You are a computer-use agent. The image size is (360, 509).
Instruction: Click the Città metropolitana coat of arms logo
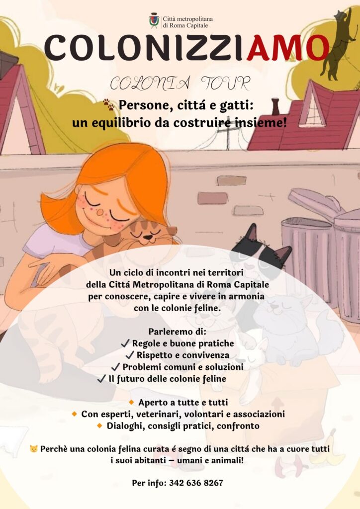154,20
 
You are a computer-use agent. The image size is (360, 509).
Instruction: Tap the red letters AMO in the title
287,48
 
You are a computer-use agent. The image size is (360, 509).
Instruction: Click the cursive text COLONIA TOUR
180,84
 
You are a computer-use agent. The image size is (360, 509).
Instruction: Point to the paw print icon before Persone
109,104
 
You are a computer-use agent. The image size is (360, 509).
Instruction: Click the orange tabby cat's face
145,234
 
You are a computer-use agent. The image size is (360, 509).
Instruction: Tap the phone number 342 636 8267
196,483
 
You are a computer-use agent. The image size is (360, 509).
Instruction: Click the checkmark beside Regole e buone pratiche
125,343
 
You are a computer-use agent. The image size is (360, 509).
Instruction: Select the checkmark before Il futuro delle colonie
101,378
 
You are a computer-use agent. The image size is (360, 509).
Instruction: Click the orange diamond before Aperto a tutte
131,402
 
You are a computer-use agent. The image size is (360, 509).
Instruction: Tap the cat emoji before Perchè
33,449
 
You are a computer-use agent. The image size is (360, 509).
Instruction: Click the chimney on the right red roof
275,106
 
